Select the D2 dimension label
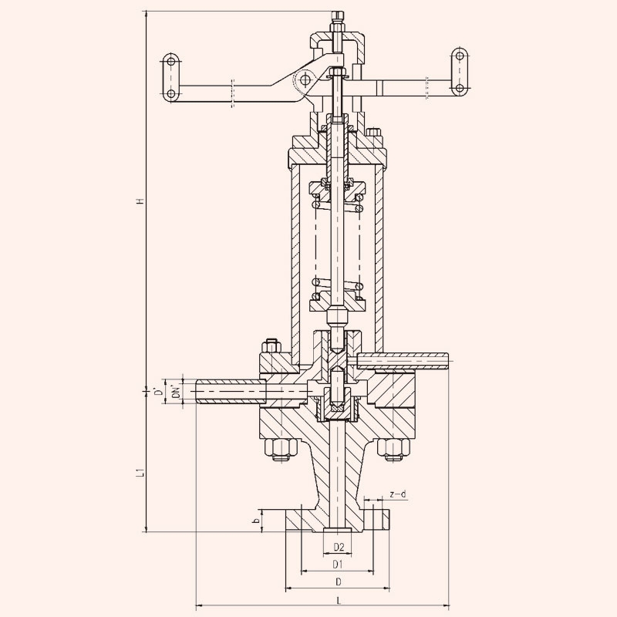click(x=339, y=547)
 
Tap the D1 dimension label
click(x=338, y=565)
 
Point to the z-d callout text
click(x=397, y=494)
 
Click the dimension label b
click(x=257, y=520)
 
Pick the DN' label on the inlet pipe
click(x=177, y=392)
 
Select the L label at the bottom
click(x=338, y=601)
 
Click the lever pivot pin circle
click(x=305, y=80)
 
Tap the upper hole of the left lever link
click(x=170, y=62)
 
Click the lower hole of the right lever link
click(x=459, y=88)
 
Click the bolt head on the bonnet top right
click(x=374, y=132)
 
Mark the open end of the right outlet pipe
click(x=448, y=360)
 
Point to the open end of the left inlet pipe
click(x=197, y=391)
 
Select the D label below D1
click(x=338, y=582)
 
